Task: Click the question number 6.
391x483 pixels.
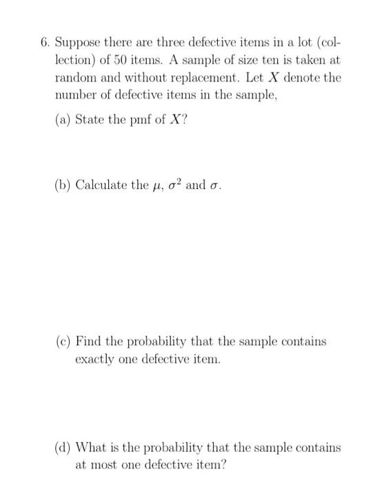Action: (x=43, y=42)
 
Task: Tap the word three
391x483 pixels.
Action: (x=157, y=42)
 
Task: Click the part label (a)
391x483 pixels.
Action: (x=62, y=119)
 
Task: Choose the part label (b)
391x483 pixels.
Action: (x=63, y=185)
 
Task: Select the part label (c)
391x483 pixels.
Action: (x=63, y=342)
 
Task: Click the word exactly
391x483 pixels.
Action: (x=96, y=359)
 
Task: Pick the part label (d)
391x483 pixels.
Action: (x=63, y=447)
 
